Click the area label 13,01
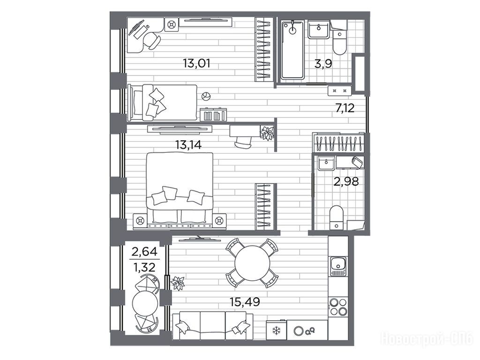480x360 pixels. click(x=196, y=64)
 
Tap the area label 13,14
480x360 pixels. click(x=188, y=144)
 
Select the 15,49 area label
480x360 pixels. click(x=245, y=302)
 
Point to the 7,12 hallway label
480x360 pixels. click(x=345, y=108)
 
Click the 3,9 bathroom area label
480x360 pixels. click(x=323, y=64)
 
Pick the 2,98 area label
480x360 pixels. click(x=346, y=182)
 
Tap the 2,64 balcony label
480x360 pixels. click(x=144, y=252)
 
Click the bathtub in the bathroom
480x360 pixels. click(x=292, y=50)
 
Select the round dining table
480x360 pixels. click(x=253, y=262)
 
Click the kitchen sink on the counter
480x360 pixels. click(x=338, y=267)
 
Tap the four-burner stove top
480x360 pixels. click(x=338, y=307)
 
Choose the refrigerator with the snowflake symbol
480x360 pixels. click(x=277, y=330)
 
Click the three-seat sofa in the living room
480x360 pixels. click(x=213, y=326)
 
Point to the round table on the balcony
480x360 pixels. click(x=145, y=304)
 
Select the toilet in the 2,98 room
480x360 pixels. click(x=337, y=217)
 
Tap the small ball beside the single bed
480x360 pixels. click(x=206, y=97)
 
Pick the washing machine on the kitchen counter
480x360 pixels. click(x=307, y=330)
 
